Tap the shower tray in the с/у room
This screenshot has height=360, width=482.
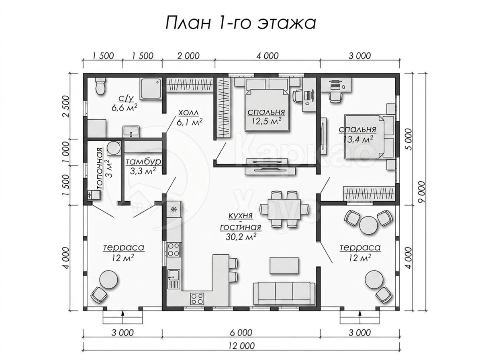click(151, 89)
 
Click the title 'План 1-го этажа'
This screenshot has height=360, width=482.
click(241, 23)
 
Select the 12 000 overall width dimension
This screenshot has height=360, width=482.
click(241, 346)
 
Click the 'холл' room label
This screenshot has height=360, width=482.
click(188, 113)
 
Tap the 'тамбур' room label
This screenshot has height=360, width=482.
click(143, 162)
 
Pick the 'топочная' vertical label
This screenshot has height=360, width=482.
click(100, 168)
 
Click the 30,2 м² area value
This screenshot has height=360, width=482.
click(241, 236)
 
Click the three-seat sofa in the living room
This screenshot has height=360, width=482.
click(284, 293)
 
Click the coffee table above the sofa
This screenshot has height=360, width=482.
click(284, 266)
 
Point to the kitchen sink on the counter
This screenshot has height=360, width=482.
click(174, 279)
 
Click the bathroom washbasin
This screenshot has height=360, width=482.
click(131, 131)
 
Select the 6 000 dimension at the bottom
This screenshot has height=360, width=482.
click(241, 333)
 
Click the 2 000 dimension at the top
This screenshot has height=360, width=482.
click(188, 56)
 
